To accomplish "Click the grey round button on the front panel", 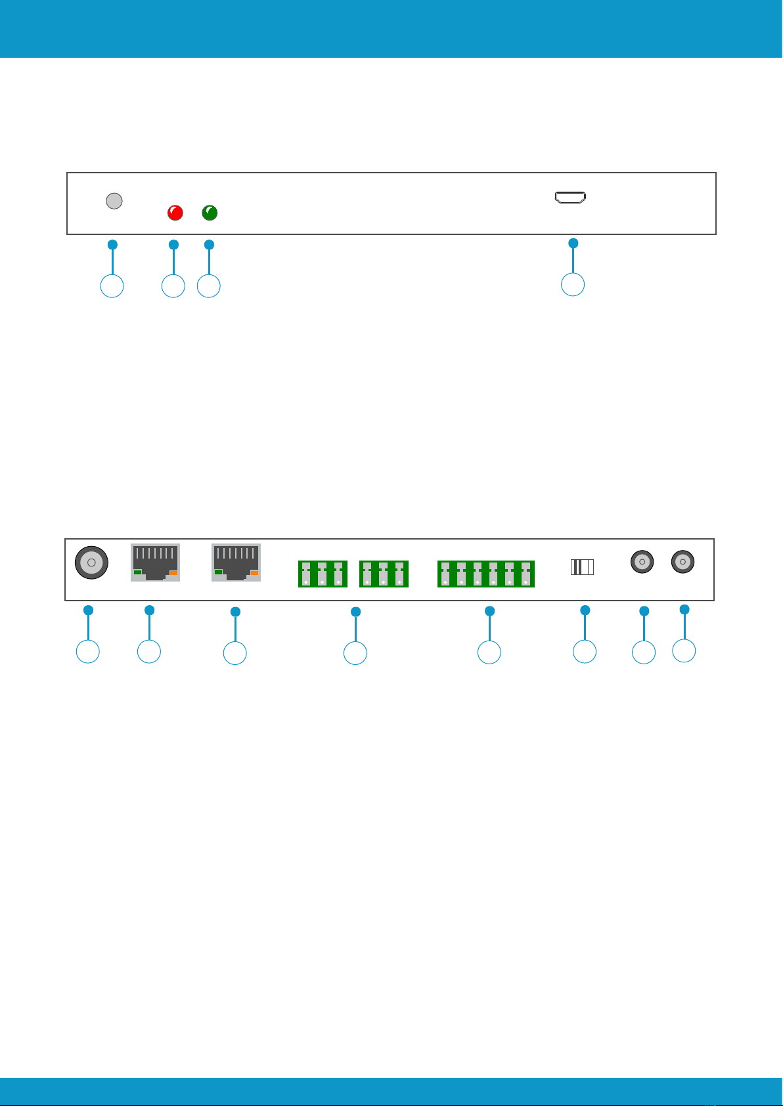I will [x=114, y=200].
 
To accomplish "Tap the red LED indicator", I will [x=175, y=213].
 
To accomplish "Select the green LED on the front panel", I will [x=210, y=213].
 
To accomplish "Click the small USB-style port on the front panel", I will [x=571, y=197].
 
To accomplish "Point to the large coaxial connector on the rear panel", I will [x=91, y=563].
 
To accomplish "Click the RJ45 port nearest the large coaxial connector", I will [x=155, y=563].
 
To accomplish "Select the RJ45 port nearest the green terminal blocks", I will [x=236, y=563].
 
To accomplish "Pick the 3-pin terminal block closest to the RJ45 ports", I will [x=323, y=574].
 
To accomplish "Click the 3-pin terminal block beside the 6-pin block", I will [x=384, y=574].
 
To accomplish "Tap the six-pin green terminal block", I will [x=486, y=574].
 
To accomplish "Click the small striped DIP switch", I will [x=582, y=566].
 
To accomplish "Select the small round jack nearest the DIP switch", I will [x=642, y=562].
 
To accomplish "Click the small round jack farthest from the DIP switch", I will [x=682, y=562].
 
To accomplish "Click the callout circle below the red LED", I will [x=173, y=287].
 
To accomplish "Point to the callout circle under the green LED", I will [x=209, y=287].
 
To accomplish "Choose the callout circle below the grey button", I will [x=112, y=287].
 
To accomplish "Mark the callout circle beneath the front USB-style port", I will [x=573, y=285].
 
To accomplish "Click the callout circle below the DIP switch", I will [x=585, y=652].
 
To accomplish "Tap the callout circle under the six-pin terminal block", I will [x=489, y=653].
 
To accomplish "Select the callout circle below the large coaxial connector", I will [x=88, y=652].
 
